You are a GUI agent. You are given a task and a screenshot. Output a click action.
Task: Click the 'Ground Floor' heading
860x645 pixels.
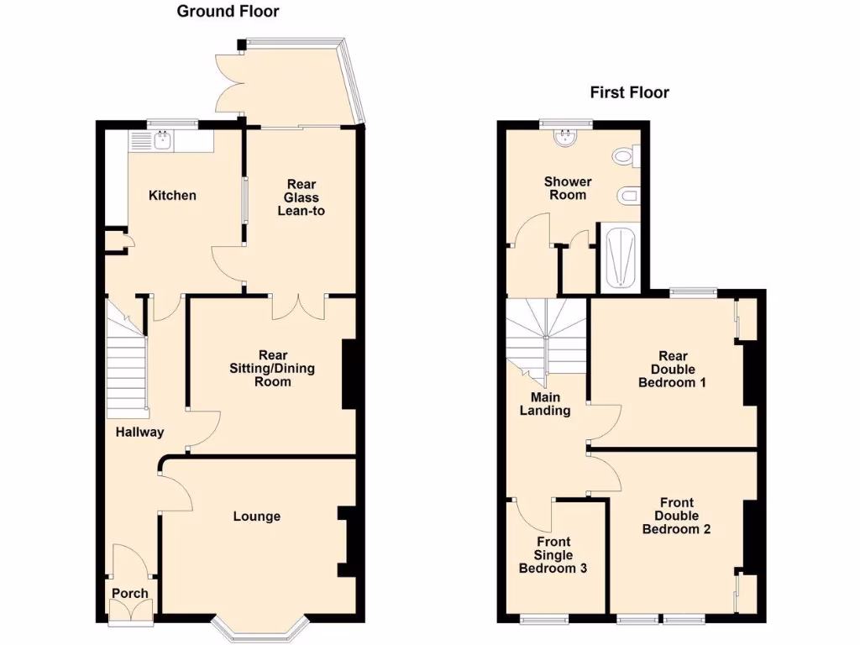click(228, 12)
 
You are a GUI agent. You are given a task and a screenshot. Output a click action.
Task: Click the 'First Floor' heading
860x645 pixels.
click(629, 92)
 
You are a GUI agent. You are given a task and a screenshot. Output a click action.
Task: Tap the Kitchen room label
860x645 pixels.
click(172, 196)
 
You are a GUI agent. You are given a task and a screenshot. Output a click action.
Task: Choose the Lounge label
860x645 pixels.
click(256, 517)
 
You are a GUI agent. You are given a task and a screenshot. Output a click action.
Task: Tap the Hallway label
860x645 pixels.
click(139, 433)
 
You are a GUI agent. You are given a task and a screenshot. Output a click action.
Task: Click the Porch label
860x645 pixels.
click(130, 593)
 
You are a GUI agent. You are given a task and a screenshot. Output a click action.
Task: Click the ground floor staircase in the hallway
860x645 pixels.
click(126, 361)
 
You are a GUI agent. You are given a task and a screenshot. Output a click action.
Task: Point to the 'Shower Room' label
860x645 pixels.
click(568, 188)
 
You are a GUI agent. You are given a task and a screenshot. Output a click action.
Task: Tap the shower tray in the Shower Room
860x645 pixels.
click(620, 258)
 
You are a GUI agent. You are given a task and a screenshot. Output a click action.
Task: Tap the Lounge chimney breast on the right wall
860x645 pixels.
click(347, 542)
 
